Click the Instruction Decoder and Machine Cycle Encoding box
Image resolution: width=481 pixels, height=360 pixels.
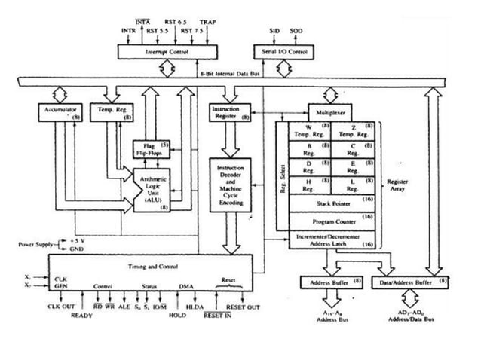click(231, 185)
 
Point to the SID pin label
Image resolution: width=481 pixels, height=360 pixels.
click(274, 31)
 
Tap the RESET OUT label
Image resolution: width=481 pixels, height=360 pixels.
click(242, 307)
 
